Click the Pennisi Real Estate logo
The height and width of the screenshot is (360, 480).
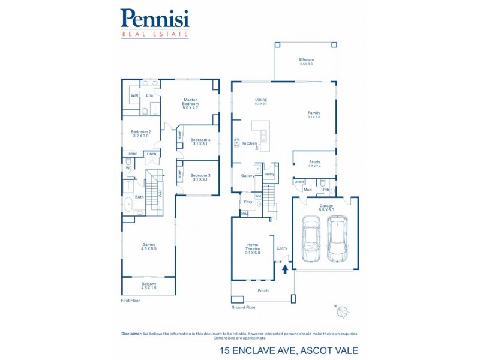pyautogui.click(x=155, y=23)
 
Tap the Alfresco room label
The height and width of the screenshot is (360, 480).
pyautogui.click(x=307, y=61)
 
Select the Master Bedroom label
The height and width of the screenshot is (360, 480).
pyautogui.click(x=191, y=104)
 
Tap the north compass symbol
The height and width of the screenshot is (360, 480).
pyautogui.click(x=343, y=311)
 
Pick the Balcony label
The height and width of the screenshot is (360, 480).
pyautogui.click(x=148, y=286)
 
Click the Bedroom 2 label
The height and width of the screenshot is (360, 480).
pyautogui.click(x=140, y=134)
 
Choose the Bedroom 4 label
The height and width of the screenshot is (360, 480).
pyautogui.click(x=200, y=142)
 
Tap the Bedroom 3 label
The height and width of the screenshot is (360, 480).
pyautogui.click(x=200, y=177)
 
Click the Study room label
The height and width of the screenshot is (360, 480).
pyautogui.click(x=314, y=163)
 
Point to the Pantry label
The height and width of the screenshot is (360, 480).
pyautogui.click(x=269, y=174)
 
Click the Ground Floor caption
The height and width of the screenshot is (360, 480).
pyautogui.click(x=244, y=307)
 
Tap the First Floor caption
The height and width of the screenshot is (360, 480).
pyautogui.click(x=131, y=300)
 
